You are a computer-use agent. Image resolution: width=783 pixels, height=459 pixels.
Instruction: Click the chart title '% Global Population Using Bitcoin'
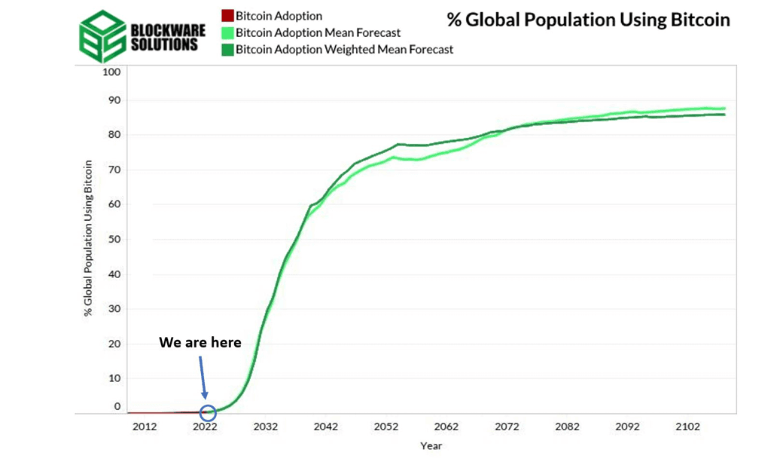pos(588,20)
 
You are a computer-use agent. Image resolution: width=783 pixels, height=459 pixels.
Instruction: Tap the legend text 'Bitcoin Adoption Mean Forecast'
pos(318,32)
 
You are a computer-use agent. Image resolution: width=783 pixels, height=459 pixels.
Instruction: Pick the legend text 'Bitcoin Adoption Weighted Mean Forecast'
pos(344,50)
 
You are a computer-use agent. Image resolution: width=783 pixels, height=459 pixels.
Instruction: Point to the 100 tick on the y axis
pos(111,72)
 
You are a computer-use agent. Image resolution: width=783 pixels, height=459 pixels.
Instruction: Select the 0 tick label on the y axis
pos(117,406)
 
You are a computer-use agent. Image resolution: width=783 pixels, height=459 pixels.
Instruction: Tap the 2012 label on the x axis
pos(145,427)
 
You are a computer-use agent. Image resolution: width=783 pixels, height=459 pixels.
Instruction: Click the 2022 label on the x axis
pos(205,427)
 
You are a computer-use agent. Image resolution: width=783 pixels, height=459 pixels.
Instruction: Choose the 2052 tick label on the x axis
pos(386,427)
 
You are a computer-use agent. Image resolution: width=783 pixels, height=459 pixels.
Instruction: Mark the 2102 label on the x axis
pos(688,427)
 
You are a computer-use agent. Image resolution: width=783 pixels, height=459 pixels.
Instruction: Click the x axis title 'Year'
pos(431,445)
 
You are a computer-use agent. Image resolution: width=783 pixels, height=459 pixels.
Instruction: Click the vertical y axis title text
pos(89,237)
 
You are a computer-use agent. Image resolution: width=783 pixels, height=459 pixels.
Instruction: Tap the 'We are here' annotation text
pos(200,343)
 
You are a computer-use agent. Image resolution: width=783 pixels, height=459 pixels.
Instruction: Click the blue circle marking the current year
pos(208,412)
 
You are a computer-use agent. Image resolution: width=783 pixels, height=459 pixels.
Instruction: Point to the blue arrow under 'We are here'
pos(203,376)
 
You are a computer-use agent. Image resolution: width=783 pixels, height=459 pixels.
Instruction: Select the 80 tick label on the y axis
pos(113,135)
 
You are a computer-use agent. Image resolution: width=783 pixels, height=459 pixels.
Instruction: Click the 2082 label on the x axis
pos(567,427)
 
